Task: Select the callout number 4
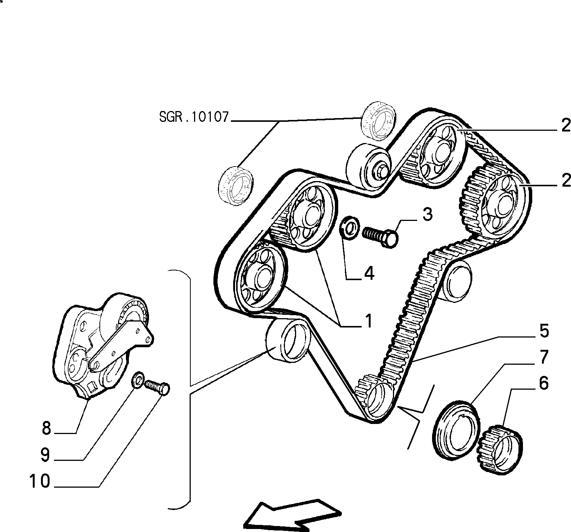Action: [369, 274]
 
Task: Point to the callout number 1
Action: [368, 321]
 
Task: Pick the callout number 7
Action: [544, 357]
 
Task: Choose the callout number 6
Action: [544, 383]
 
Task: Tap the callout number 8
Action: [46, 428]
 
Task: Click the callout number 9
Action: [45, 455]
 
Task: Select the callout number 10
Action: [40, 481]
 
